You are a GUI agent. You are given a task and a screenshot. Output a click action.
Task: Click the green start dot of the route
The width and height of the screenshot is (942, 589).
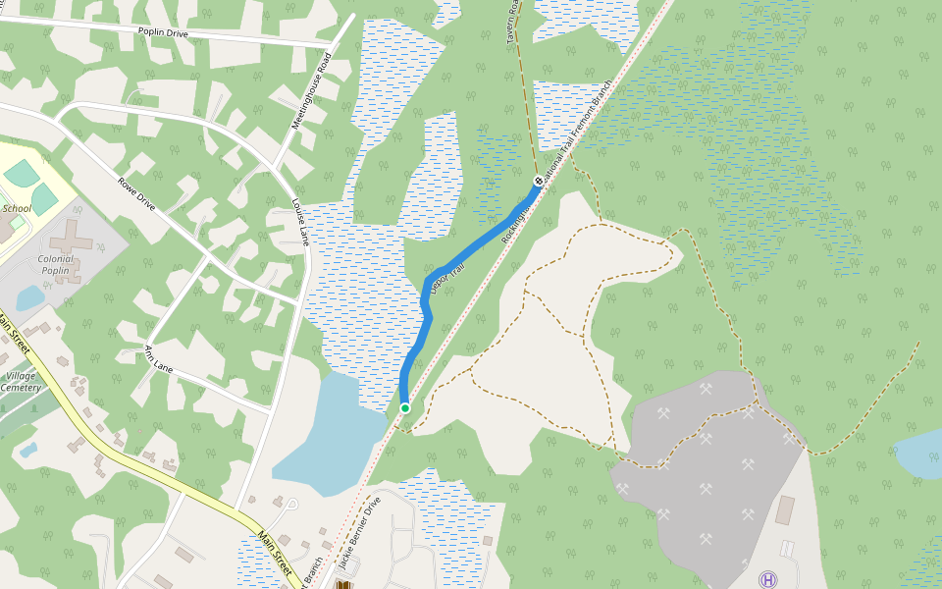tap(404, 408)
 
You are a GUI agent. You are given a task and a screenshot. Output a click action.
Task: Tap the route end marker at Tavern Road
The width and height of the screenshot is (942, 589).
tap(538, 182)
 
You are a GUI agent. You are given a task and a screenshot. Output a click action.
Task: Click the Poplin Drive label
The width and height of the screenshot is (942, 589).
tap(163, 33)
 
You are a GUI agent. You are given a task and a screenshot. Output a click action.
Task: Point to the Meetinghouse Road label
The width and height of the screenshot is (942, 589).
tap(311, 90)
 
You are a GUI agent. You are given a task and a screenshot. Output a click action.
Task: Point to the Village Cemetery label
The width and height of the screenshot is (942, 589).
tap(22, 382)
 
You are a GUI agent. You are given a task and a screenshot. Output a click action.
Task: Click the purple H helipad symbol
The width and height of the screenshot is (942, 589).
tap(767, 580)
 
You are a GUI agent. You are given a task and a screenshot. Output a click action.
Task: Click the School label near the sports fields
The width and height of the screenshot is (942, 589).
tap(17, 208)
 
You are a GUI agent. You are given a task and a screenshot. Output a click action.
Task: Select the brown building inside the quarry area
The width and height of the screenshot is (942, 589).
tap(784, 509)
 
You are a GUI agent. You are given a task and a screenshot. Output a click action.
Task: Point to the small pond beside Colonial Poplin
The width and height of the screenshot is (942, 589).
tap(29, 296)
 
